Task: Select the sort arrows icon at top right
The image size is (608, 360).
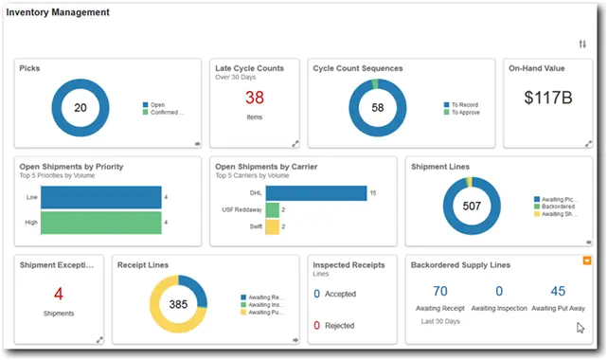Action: (581, 45)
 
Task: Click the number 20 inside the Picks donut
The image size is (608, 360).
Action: (80, 108)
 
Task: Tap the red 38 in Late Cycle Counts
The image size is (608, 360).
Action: (255, 99)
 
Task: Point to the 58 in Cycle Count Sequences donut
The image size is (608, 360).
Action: (378, 108)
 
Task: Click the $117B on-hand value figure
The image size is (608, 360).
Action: (548, 97)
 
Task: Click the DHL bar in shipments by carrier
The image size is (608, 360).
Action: (315, 193)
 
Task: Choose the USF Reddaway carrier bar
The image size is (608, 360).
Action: (272, 210)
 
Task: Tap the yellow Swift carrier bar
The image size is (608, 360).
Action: (272, 227)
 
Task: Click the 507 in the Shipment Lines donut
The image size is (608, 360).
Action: (471, 206)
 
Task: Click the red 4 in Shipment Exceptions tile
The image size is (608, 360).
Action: (59, 294)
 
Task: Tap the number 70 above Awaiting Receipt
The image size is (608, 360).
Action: (439, 292)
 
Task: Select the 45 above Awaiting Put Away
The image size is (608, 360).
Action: (558, 292)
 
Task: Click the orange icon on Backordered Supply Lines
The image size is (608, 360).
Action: (587, 260)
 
